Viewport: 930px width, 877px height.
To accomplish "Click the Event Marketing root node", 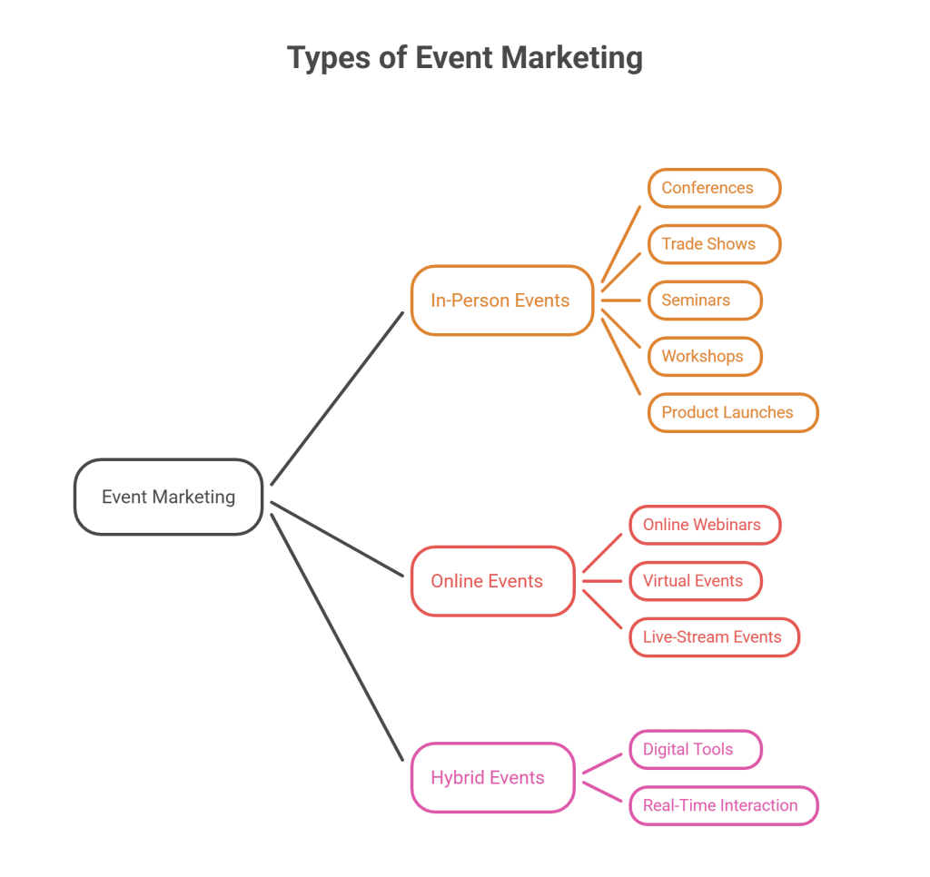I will coord(168,497).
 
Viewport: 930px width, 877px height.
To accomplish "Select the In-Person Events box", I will coord(500,301).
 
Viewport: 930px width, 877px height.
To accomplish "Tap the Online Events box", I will coord(491,581).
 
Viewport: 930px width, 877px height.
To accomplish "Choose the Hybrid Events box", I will coord(491,777).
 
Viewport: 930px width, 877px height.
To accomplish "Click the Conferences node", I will coord(714,188).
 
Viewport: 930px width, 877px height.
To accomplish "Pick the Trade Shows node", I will coord(714,244).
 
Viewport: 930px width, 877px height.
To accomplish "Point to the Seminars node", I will coord(704,301).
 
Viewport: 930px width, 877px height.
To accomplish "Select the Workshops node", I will coord(704,356).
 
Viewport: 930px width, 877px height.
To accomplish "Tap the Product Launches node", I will coord(732,412).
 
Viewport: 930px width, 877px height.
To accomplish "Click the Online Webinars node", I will coord(704,525).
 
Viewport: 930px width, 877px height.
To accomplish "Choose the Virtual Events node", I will coord(695,581).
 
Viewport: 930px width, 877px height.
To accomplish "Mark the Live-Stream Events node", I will coord(714,636).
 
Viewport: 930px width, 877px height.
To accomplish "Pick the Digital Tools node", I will coord(695,749).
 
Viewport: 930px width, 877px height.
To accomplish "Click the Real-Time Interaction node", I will coord(723,805).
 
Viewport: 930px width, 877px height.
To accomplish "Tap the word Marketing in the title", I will coord(572,58).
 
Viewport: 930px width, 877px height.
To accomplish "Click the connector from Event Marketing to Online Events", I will coord(337,539).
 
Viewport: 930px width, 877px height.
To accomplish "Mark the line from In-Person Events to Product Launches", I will coord(622,354).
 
